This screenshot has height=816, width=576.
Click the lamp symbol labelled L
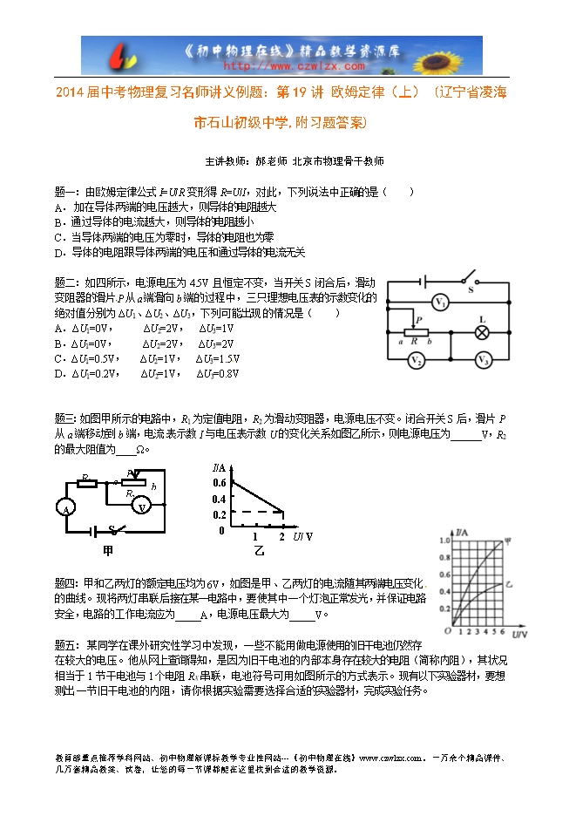pos(479,332)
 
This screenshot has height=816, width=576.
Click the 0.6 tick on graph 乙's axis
pos(218,482)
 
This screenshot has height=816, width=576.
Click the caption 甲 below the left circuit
pos(107,550)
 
